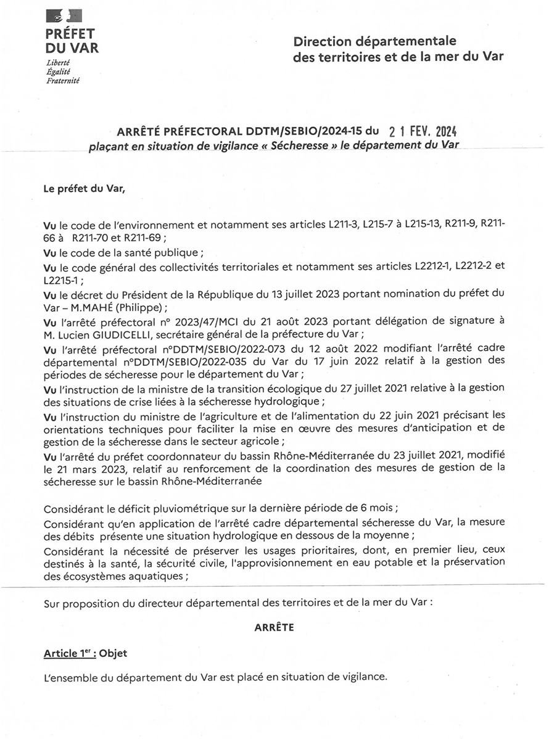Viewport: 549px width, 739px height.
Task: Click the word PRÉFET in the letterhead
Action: [x=70, y=34]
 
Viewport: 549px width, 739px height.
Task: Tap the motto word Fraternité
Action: [x=63, y=80]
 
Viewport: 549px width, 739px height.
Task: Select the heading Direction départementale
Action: [x=375, y=41]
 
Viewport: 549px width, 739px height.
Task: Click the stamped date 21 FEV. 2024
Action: [x=423, y=132]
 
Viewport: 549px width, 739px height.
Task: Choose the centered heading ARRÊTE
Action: [x=274, y=627]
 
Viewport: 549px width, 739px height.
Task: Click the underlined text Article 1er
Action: [x=68, y=653]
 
